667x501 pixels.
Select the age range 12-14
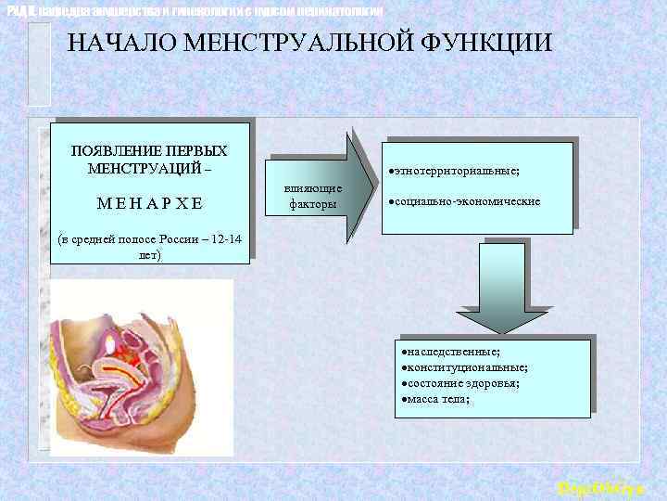225,238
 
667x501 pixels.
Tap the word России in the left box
182,238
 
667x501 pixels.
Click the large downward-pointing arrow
504,289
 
